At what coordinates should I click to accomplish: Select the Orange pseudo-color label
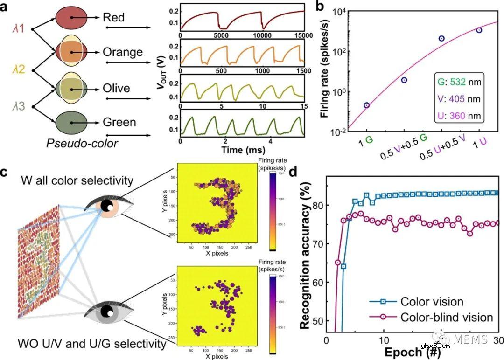(123, 51)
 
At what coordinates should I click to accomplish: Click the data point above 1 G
(367, 105)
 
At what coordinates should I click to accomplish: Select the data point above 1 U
(479, 30)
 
